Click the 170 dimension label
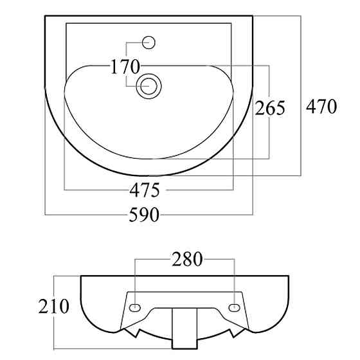coord(125,67)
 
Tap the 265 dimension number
coord(270,108)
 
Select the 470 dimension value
coord(321,106)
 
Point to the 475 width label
coord(145,190)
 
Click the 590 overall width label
coord(144,215)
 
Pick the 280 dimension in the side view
coord(187,259)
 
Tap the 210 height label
coord(54,306)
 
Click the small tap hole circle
coord(148,42)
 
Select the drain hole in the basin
coord(148,86)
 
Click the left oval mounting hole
coord(135,307)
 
